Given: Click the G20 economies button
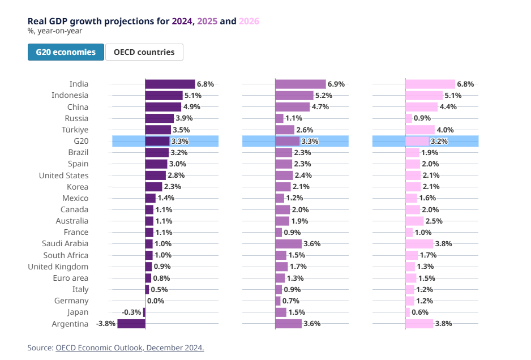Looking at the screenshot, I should [x=66, y=52].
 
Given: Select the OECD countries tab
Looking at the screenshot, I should [x=144, y=52].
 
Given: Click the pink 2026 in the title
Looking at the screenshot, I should [x=249, y=21].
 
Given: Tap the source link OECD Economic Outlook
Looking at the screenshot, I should [x=129, y=348].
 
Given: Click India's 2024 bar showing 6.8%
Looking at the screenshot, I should [x=170, y=84].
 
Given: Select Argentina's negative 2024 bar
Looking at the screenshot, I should [x=131, y=324].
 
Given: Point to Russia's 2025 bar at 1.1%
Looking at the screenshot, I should [x=279, y=118].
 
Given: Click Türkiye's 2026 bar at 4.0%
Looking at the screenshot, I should [x=419, y=130].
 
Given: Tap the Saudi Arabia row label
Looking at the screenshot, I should [x=65, y=244].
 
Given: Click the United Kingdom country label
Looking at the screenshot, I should [x=58, y=267].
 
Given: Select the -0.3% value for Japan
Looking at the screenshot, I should [x=131, y=312].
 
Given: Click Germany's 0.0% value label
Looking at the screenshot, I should [x=156, y=301].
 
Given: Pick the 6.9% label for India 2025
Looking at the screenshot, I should [x=336, y=84].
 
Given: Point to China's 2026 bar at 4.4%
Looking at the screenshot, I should [x=421, y=107].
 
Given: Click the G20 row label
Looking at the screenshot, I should [x=81, y=141].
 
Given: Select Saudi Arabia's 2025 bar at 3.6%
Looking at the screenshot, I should [x=288, y=244].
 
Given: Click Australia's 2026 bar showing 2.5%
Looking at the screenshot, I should [x=414, y=221].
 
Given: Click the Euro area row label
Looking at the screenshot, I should [x=71, y=278].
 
